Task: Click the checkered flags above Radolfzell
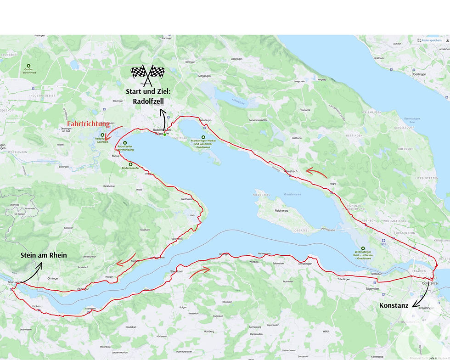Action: [148, 72]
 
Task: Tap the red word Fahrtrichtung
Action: [88, 124]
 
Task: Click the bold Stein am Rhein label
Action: [44, 255]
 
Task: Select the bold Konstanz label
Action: [394, 305]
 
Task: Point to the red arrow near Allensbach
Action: [316, 173]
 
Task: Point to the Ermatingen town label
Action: [305, 264]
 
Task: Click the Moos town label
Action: [115, 157]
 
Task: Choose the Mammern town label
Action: [90, 309]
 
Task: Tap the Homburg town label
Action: [209, 332]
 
